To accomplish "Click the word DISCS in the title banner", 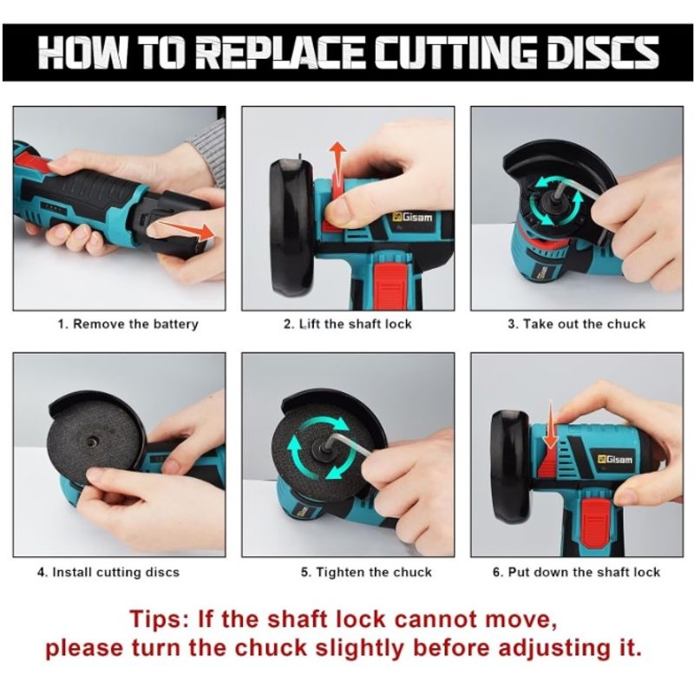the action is pyautogui.click(x=603, y=53).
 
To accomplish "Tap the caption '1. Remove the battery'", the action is pyautogui.click(x=128, y=324).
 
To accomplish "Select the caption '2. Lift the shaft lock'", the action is pyautogui.click(x=348, y=324).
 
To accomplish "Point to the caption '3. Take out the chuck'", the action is pyautogui.click(x=576, y=324).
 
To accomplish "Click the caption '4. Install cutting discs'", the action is pyautogui.click(x=108, y=573).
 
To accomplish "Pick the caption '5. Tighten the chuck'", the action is pyautogui.click(x=366, y=573).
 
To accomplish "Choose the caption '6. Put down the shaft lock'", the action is pyautogui.click(x=576, y=573).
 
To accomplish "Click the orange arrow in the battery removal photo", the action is pyautogui.click(x=186, y=229).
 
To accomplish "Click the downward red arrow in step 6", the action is pyautogui.click(x=551, y=425).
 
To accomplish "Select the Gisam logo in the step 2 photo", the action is pyautogui.click(x=412, y=218).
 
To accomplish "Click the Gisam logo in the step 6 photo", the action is pyautogui.click(x=616, y=460).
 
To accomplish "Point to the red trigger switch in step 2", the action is pyautogui.click(x=390, y=284).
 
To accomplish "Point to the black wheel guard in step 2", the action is pyautogui.click(x=292, y=227).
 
